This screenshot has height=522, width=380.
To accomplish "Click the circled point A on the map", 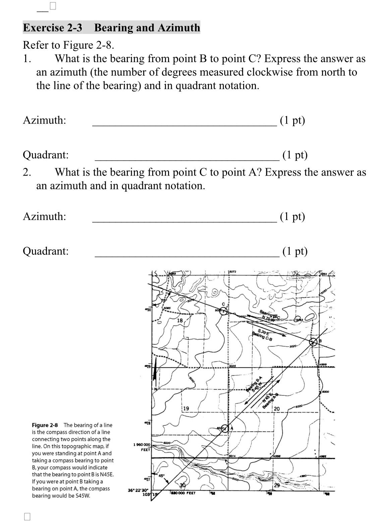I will tap(225, 428).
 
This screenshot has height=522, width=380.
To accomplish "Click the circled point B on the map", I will tap(313, 342).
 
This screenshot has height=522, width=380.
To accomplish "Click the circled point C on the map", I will tap(223, 311).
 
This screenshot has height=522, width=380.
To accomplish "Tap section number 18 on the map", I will tap(180, 321).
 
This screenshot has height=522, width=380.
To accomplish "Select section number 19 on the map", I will tap(185, 409).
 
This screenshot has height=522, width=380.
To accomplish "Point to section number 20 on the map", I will tap(277, 409).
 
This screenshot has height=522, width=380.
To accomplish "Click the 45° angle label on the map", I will tap(162, 476).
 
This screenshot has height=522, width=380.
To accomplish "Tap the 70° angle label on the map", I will tap(164, 300).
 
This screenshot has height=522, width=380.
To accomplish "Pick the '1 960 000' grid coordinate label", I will tap(142, 445).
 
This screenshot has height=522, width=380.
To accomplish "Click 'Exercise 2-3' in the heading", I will tap(52, 28).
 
